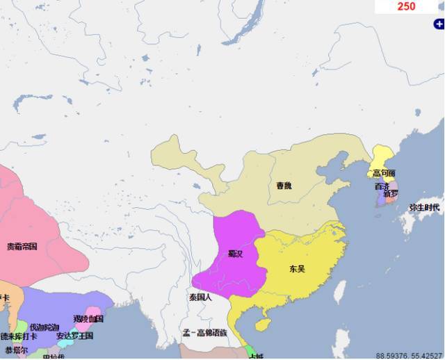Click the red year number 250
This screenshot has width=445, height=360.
406,6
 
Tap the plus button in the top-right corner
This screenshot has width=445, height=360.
439,24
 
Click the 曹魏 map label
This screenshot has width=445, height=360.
284,186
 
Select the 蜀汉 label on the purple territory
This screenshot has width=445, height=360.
235,254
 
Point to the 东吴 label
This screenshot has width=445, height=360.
297,268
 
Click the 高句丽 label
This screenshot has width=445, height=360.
383,173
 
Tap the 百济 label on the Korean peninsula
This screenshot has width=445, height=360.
382,186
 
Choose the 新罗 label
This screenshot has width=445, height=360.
390,193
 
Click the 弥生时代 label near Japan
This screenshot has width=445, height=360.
424,207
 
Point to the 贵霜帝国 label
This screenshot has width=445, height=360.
22,246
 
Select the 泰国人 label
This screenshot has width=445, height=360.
200,297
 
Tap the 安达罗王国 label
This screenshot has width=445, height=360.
74,336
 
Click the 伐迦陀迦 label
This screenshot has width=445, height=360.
44,327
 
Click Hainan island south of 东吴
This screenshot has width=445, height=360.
263,325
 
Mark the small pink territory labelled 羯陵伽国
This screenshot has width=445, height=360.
89,319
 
